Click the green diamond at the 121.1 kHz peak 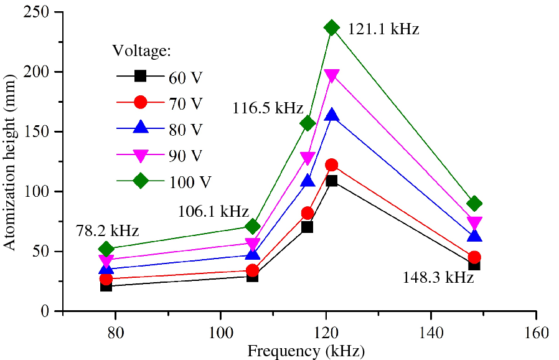[x=332, y=27]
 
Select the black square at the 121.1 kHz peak [x=332, y=181]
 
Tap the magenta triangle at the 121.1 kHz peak [x=332, y=75]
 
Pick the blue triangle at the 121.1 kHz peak [x=332, y=115]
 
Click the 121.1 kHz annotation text [x=383, y=29]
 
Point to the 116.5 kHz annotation [x=269, y=108]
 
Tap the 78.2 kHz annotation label [x=107, y=230]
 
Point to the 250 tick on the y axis [x=44, y=12]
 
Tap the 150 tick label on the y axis [x=44, y=132]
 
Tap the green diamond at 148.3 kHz [x=475, y=204]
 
